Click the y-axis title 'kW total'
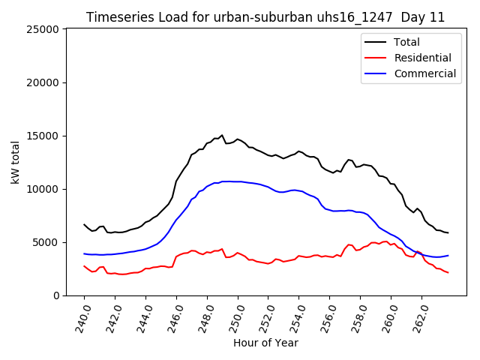[16, 162]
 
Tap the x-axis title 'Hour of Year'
[265, 343]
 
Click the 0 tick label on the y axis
[56, 295]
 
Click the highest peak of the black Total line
[222, 136]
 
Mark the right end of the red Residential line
[448, 272]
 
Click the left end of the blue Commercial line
[84, 253]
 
